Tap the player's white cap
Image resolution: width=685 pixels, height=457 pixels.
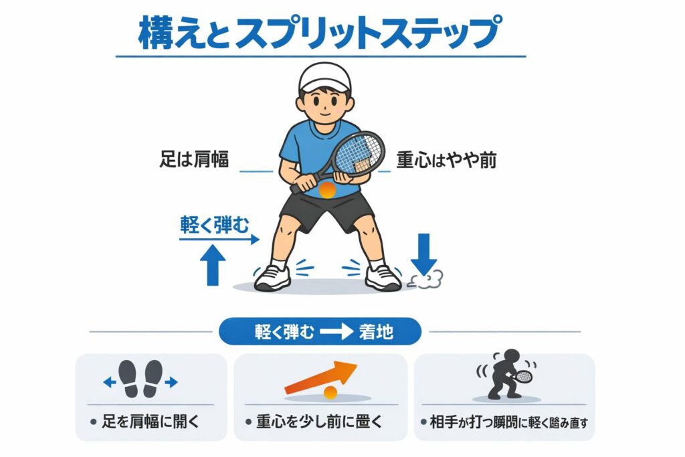pos(324,78)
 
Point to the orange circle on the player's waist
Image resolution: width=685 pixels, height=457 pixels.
pos(327,190)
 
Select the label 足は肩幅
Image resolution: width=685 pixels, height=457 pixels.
pos(194,159)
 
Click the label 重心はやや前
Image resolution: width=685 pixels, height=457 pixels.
pos(446,160)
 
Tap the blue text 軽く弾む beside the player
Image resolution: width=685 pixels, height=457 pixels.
pos(215,225)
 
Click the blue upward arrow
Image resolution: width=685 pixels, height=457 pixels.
pos(213,265)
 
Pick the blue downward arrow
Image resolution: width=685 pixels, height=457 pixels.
pos(423,255)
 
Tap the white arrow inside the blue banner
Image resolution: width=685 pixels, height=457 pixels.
pos(336,332)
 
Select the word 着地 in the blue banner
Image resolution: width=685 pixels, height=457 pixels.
pos(376,332)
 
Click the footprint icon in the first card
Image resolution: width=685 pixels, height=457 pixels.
pos(140,378)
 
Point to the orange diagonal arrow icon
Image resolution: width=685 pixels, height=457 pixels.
pos(320,378)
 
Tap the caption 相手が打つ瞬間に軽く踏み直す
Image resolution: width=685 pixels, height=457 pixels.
pos(509,422)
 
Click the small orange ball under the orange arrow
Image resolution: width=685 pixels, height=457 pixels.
pos(330,393)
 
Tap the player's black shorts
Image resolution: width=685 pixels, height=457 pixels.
pos(326,209)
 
